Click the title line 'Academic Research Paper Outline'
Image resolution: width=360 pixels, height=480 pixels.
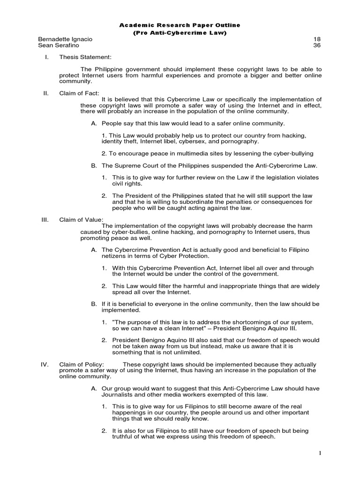(180, 25)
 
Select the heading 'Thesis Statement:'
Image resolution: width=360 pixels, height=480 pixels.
(85, 57)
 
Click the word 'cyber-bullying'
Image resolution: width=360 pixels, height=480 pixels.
(292, 153)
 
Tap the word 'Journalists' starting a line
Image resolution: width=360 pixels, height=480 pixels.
(117, 394)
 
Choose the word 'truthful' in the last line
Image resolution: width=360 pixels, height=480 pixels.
(124, 436)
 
